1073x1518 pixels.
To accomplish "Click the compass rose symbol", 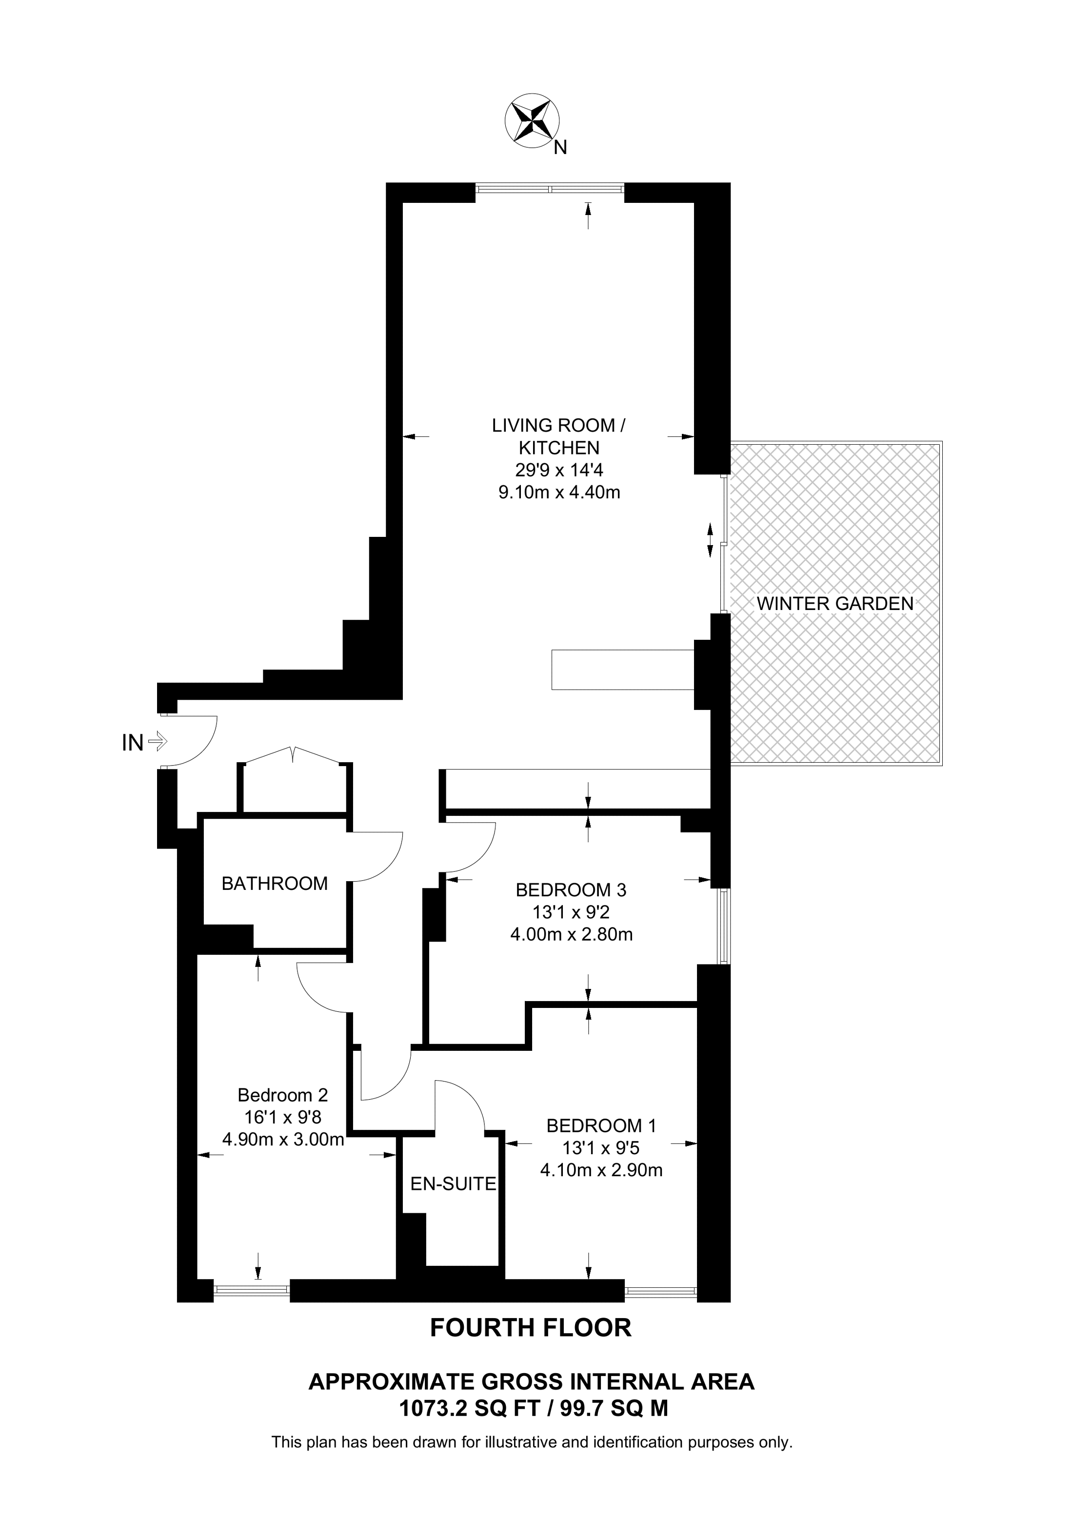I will [532, 121].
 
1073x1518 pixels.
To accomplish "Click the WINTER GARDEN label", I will [835, 604].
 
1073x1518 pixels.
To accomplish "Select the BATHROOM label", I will [275, 884].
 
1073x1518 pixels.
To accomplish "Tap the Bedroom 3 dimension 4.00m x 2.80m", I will [571, 935].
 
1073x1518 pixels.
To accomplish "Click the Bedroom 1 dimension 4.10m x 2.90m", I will [601, 1171].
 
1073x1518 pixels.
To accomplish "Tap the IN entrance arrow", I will [158, 741].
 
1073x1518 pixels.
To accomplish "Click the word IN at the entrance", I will [132, 744].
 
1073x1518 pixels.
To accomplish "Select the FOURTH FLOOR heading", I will [531, 1328].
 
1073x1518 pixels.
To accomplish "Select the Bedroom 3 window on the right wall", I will [725, 926].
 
